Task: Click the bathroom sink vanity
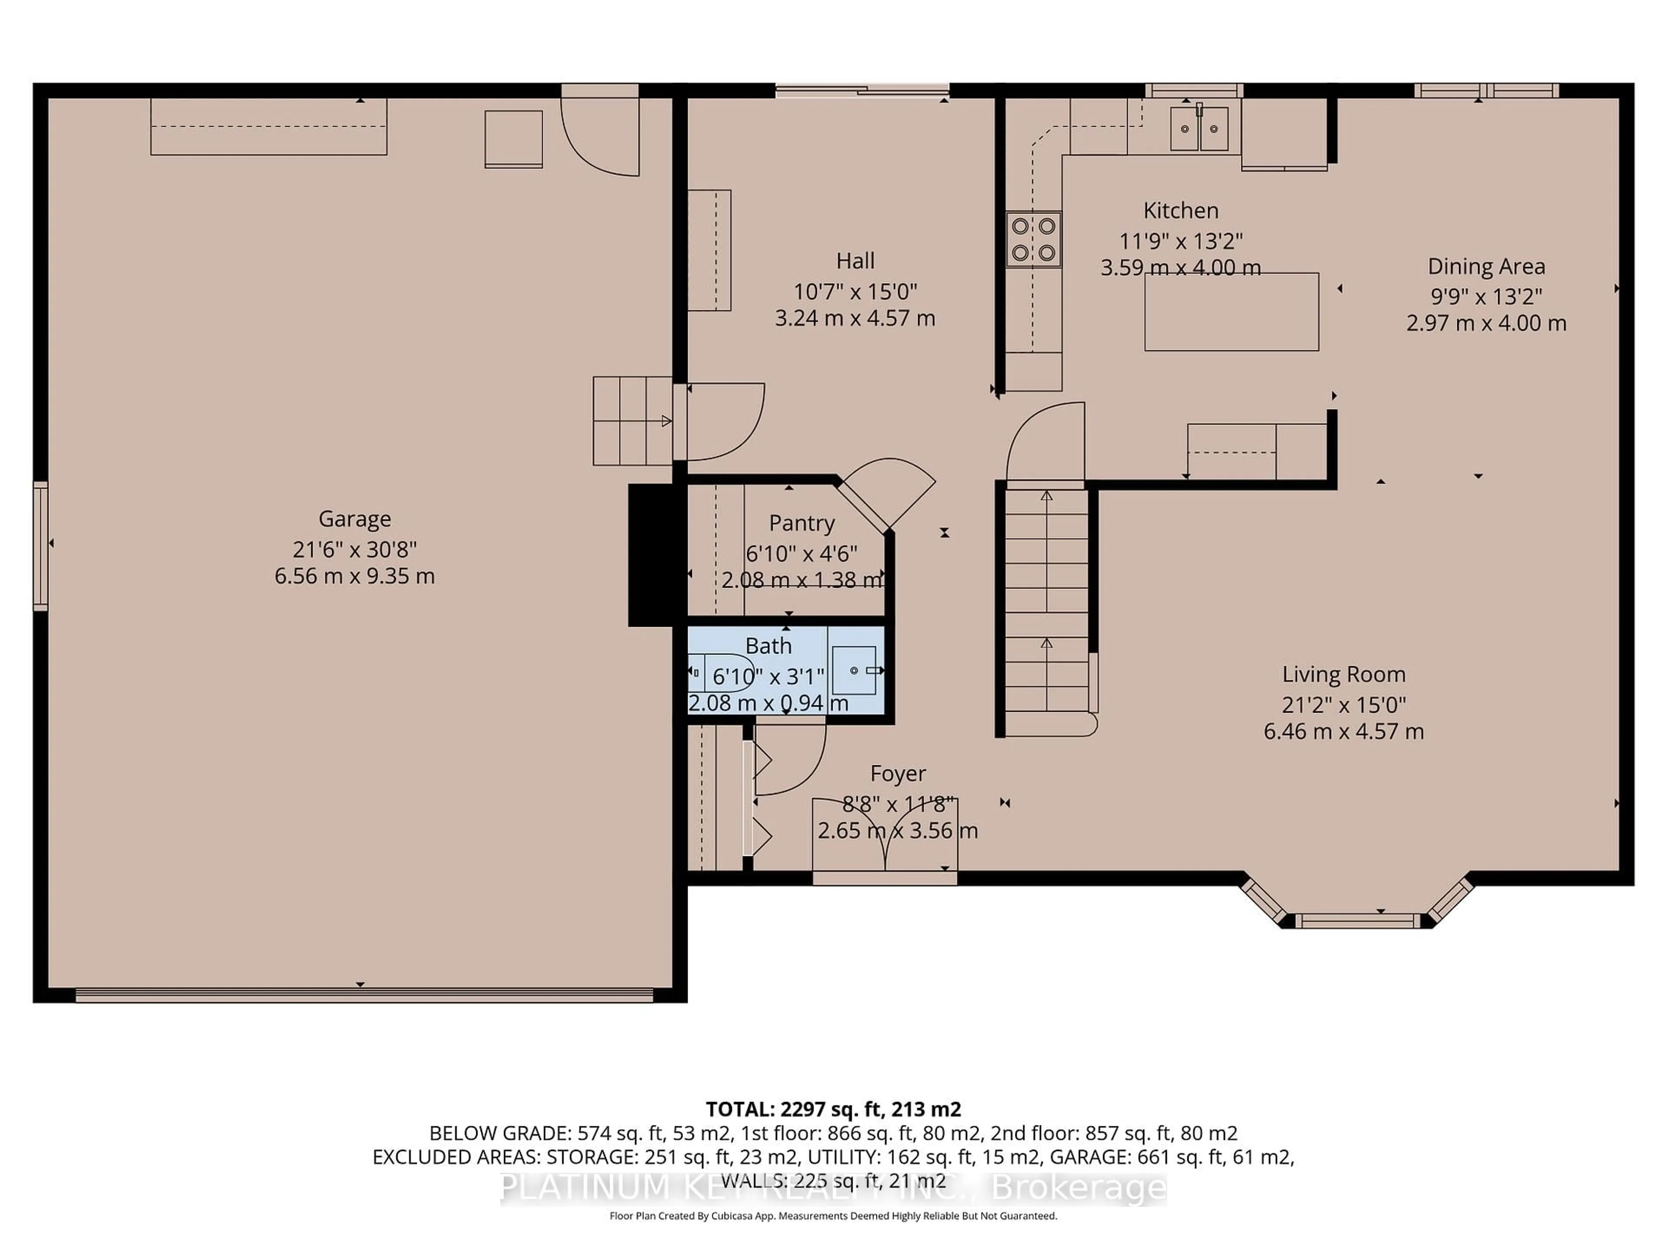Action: tap(855, 670)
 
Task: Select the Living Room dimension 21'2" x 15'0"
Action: tap(1344, 704)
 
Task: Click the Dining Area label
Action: tap(1486, 266)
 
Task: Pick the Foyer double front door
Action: tap(885, 836)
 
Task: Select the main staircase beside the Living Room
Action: tap(1046, 603)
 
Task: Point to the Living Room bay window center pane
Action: tap(1357, 920)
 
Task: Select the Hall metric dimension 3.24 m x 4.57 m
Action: tap(855, 318)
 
